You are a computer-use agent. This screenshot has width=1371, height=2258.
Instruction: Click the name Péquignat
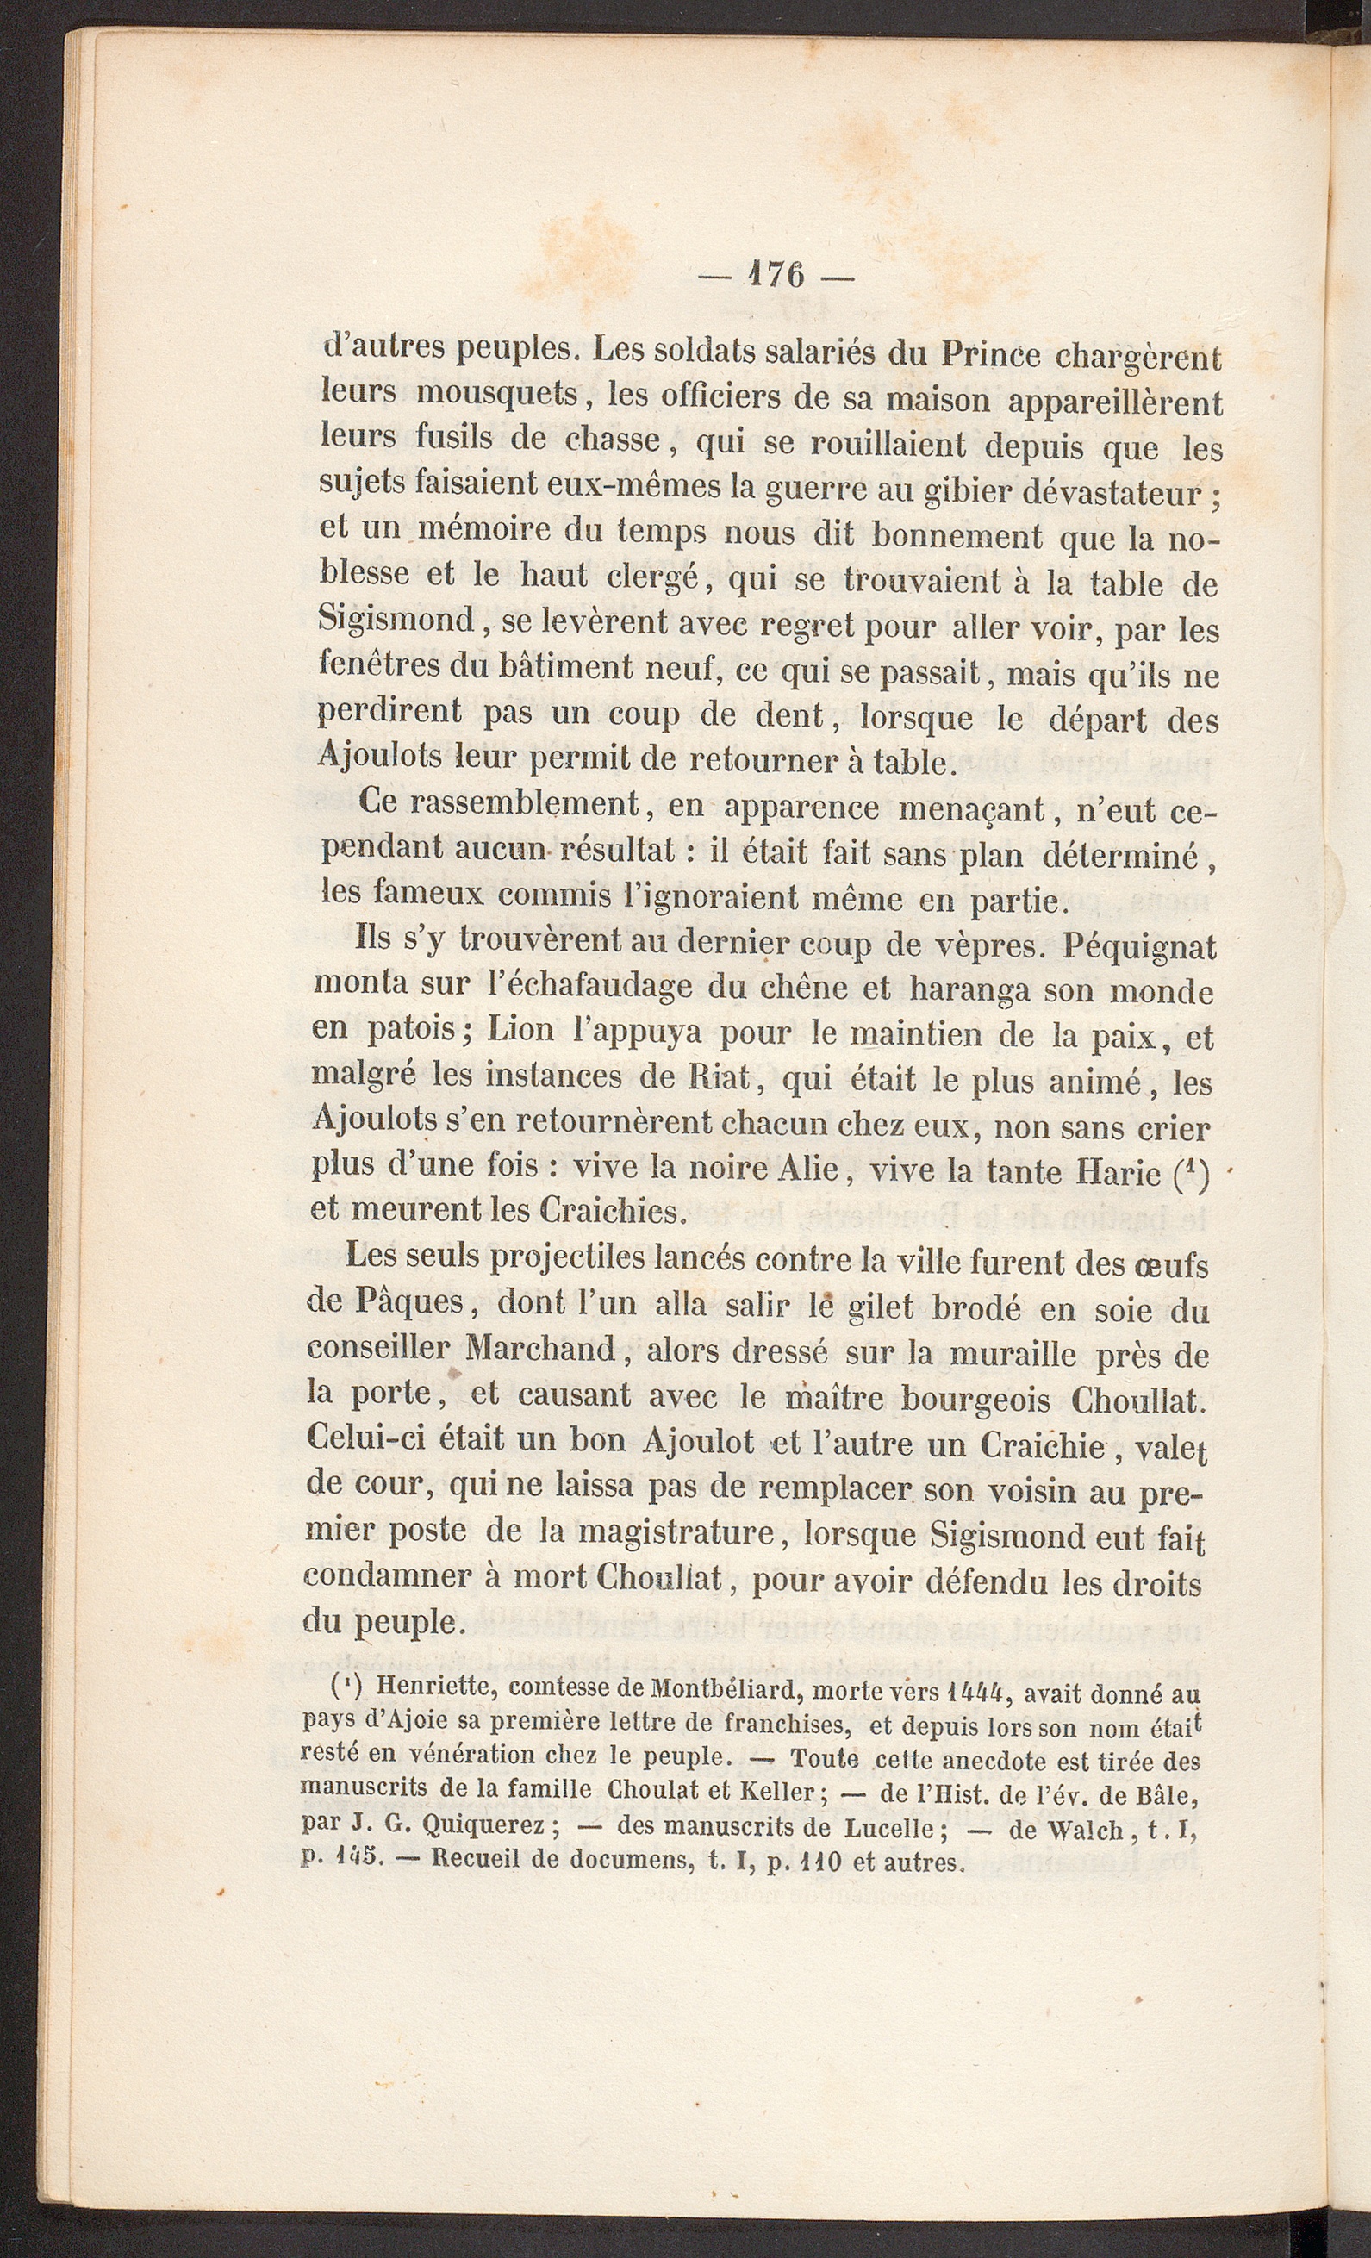tap(1139, 945)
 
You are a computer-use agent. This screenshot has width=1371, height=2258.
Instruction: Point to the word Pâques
tap(385, 1305)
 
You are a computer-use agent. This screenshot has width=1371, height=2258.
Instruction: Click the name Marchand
tap(539, 1350)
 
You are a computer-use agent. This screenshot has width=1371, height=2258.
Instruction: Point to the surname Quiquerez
tap(484, 1824)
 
